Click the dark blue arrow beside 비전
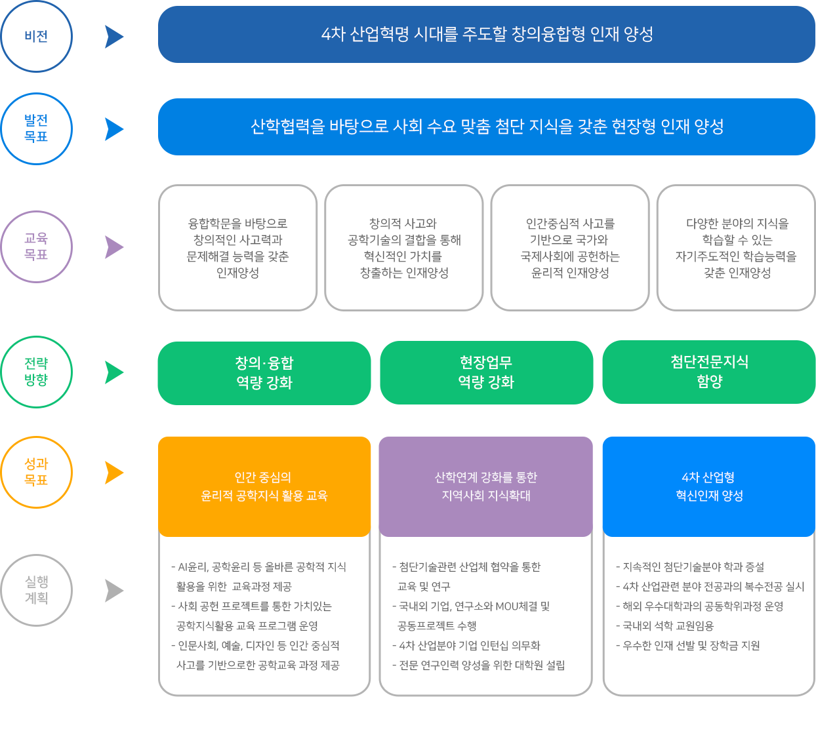point(114,37)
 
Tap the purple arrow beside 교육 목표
point(114,247)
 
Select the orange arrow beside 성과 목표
point(114,473)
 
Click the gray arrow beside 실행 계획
point(114,591)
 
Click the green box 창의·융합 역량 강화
point(264,373)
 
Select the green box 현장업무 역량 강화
point(487,372)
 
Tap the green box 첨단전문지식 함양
point(709,372)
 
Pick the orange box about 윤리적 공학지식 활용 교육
point(264,486)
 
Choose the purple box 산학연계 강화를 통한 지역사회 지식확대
point(486,486)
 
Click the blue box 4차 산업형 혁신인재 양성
point(709,486)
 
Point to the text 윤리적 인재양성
point(570,273)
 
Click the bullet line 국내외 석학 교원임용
point(665,626)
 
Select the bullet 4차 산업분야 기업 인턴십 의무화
point(466,646)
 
